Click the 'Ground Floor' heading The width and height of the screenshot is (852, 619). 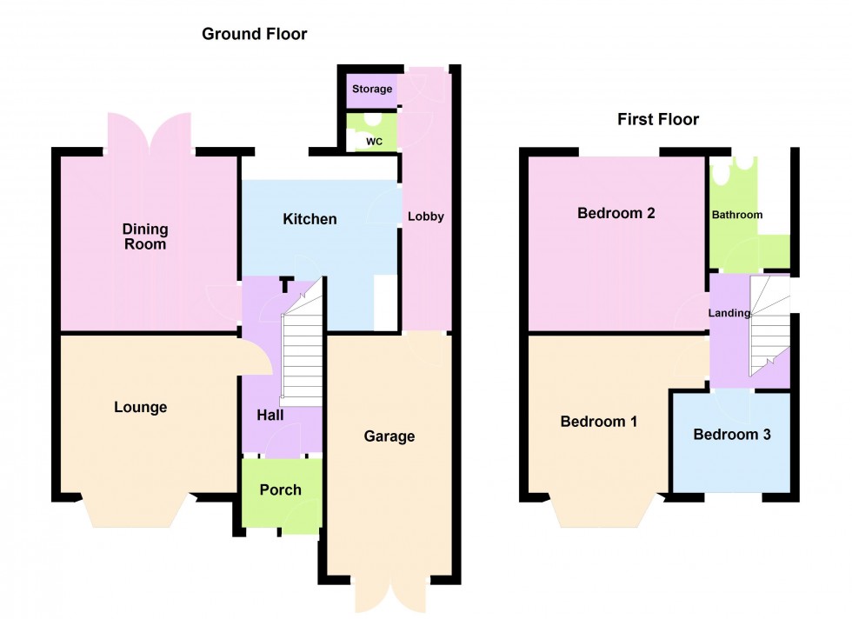pos(254,35)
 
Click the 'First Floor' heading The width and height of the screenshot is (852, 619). pos(658,120)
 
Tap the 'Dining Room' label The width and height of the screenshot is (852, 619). pos(145,236)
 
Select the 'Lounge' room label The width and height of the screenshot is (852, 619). pos(140,407)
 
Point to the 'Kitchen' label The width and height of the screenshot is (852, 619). pos(310,219)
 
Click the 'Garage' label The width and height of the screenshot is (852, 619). pos(389,436)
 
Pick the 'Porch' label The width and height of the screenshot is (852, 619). pos(281,489)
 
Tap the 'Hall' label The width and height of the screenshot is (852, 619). pos(270,416)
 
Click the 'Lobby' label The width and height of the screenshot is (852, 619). pos(426,216)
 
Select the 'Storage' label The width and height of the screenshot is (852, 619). pos(372,90)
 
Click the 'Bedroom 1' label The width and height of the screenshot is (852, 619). pos(598,422)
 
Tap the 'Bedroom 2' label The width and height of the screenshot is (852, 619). pos(616,213)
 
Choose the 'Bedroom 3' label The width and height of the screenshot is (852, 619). pos(732,434)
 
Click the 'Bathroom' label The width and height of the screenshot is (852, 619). pos(736,215)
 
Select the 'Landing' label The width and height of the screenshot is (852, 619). pos(729,313)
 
